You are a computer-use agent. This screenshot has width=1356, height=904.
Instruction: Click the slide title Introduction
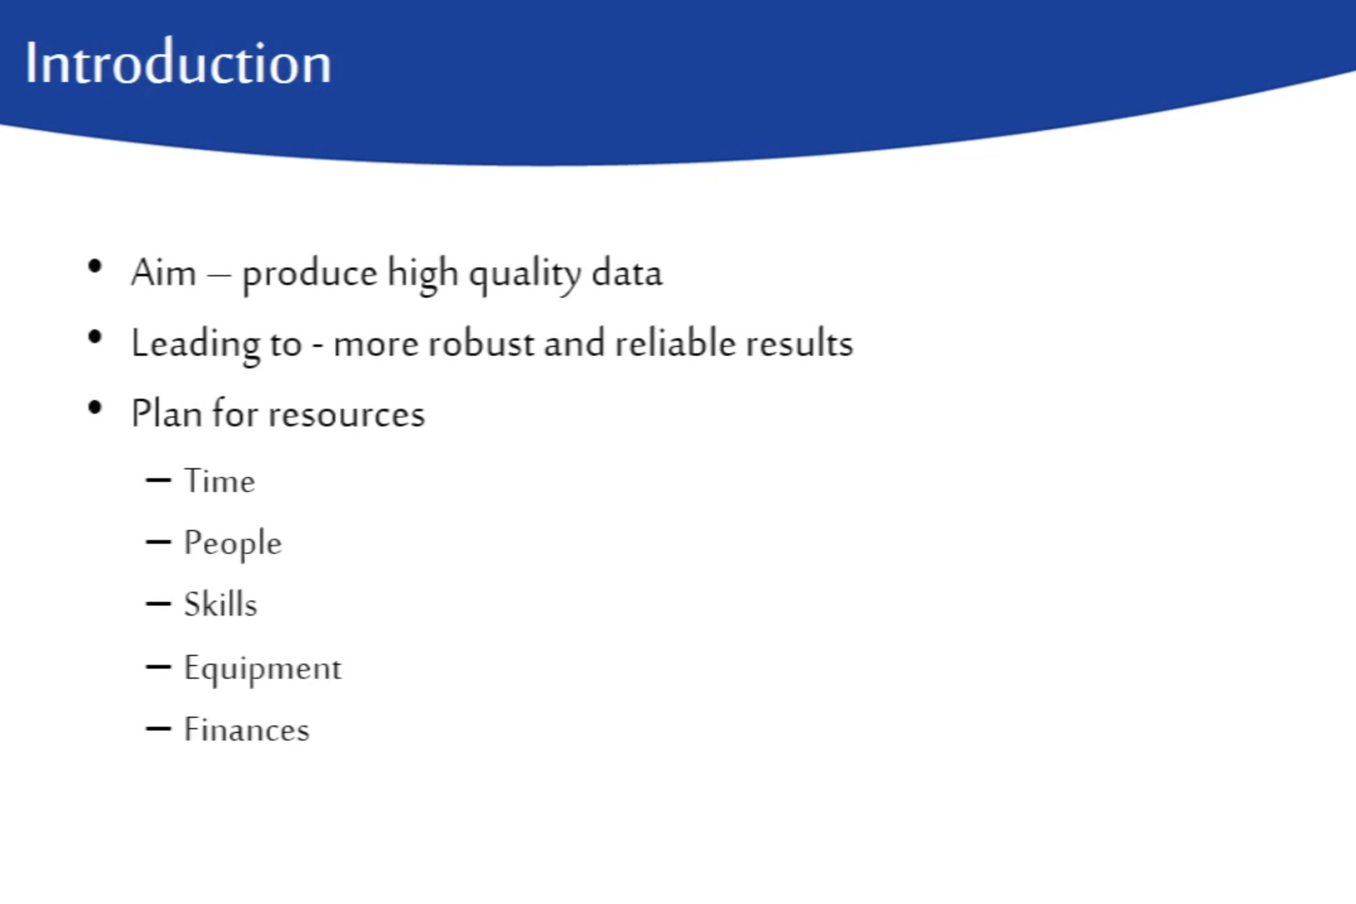point(178,62)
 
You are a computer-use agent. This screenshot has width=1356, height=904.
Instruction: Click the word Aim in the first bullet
point(164,273)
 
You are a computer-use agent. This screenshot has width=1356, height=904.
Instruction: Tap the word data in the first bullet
point(627,273)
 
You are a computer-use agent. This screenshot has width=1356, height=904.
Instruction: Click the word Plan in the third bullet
point(167,414)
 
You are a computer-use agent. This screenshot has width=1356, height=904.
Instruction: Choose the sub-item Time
point(219,481)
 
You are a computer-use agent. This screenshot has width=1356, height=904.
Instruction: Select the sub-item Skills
point(221,604)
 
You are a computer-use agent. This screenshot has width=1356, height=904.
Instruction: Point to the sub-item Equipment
point(262,669)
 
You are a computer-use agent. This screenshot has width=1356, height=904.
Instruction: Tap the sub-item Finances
point(247,729)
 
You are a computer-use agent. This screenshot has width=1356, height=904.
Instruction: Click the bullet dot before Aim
point(95,266)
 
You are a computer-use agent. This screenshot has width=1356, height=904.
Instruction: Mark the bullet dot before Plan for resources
point(95,408)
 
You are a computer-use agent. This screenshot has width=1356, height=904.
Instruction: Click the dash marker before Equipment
point(158,667)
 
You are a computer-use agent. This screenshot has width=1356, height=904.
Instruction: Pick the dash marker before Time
point(158,481)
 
